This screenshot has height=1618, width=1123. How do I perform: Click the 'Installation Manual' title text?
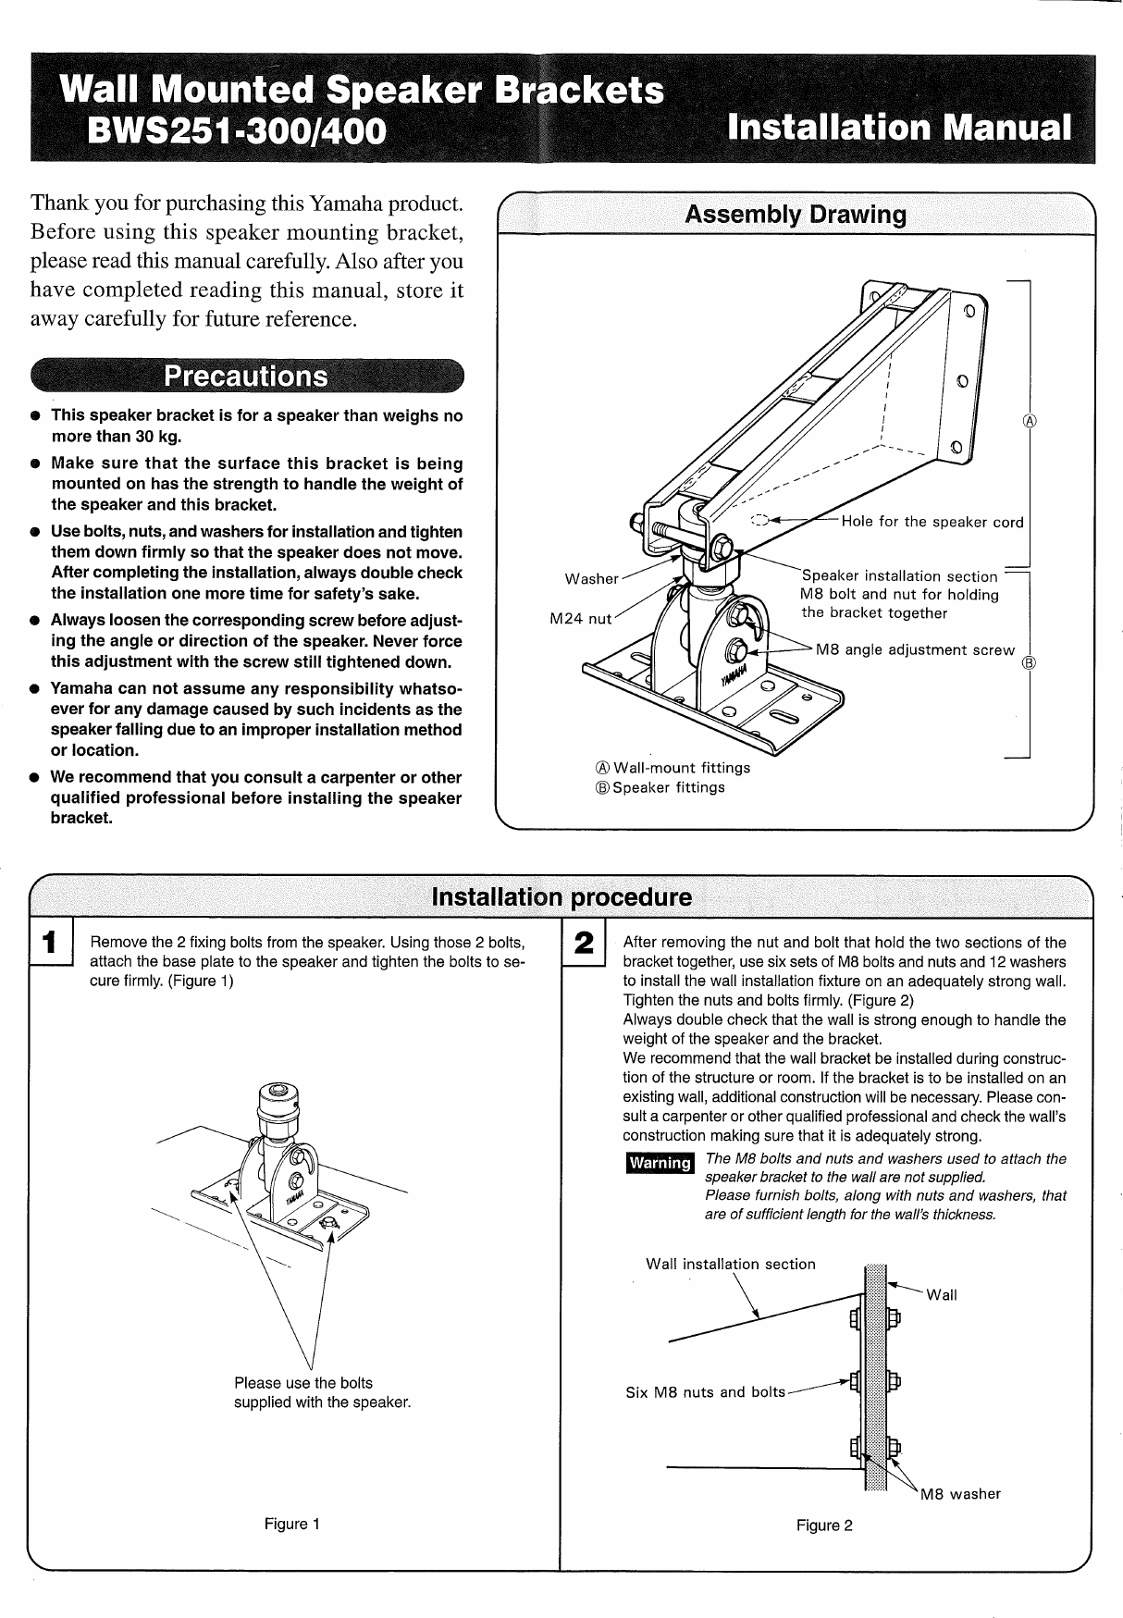tap(899, 127)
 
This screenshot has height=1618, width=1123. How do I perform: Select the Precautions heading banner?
tap(246, 377)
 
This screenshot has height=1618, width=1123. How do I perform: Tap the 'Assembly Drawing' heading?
tap(796, 216)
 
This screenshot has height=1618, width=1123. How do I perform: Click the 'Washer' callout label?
tap(591, 579)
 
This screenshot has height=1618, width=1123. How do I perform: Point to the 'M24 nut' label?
tap(580, 619)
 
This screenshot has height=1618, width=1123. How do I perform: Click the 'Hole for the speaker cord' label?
tap(932, 522)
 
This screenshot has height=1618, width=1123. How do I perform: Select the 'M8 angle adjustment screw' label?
tap(915, 650)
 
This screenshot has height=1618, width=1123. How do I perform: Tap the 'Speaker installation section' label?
tap(899, 576)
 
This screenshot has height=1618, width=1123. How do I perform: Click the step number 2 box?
tap(583, 944)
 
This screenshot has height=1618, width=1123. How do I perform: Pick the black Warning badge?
tap(659, 1163)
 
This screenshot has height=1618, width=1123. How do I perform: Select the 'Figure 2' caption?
tap(824, 1525)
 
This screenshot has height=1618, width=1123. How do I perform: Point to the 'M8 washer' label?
tap(960, 1494)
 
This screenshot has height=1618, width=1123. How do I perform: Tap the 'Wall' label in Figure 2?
tap(942, 1295)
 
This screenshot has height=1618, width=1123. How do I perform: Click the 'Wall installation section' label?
tap(730, 1265)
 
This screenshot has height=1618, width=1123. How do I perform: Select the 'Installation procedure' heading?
tap(561, 897)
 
